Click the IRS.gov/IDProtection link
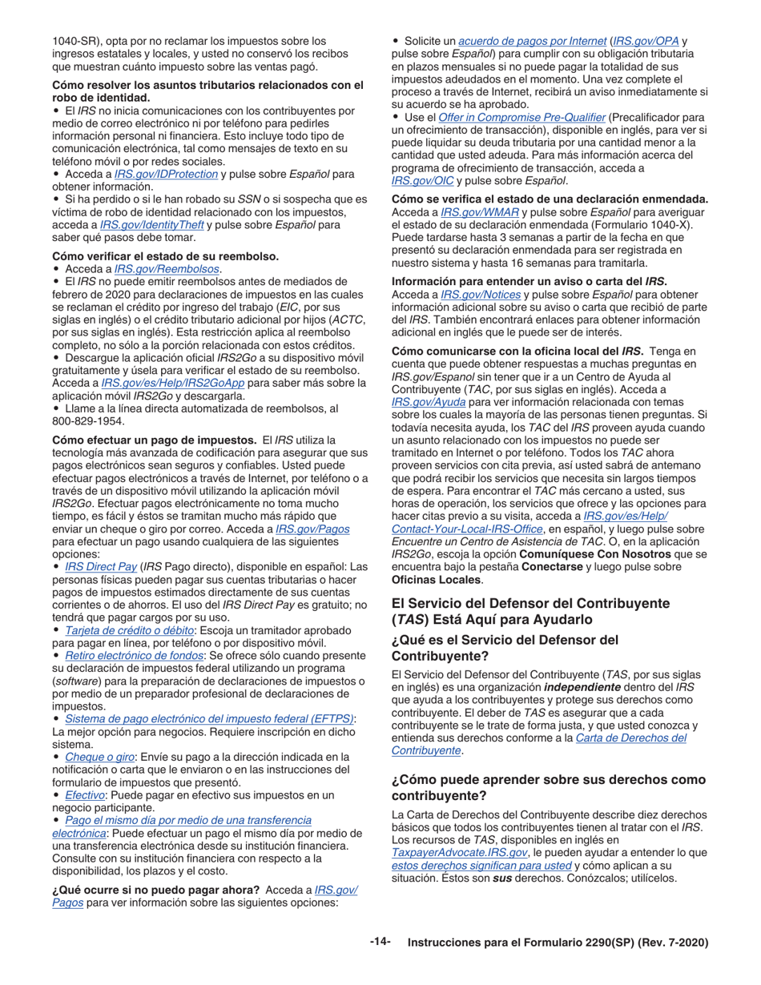[166, 174]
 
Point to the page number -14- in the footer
[380, 942]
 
